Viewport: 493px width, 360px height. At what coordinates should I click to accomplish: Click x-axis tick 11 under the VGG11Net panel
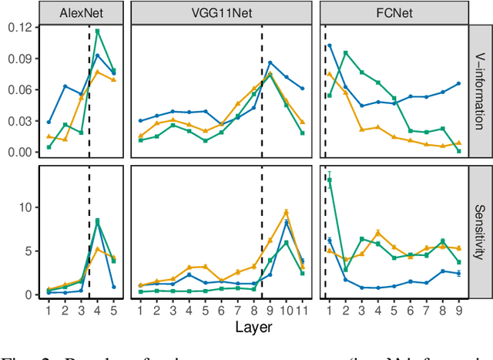302,311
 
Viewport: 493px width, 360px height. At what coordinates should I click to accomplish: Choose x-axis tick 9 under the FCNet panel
459,311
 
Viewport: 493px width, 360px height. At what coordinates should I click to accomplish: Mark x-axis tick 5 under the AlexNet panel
114,311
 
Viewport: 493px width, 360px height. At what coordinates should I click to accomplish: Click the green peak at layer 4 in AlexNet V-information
97,32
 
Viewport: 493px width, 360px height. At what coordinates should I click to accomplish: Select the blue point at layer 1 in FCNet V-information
330,45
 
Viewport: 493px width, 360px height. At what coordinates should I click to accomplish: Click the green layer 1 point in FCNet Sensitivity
330,180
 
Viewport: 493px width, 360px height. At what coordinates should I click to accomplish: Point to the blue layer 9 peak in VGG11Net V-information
270,62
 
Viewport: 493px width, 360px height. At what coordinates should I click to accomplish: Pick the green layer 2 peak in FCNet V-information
346,52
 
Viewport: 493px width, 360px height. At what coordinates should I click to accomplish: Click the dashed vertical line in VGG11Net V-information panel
262,93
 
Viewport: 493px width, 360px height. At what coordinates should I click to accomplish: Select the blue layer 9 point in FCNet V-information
459,83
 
